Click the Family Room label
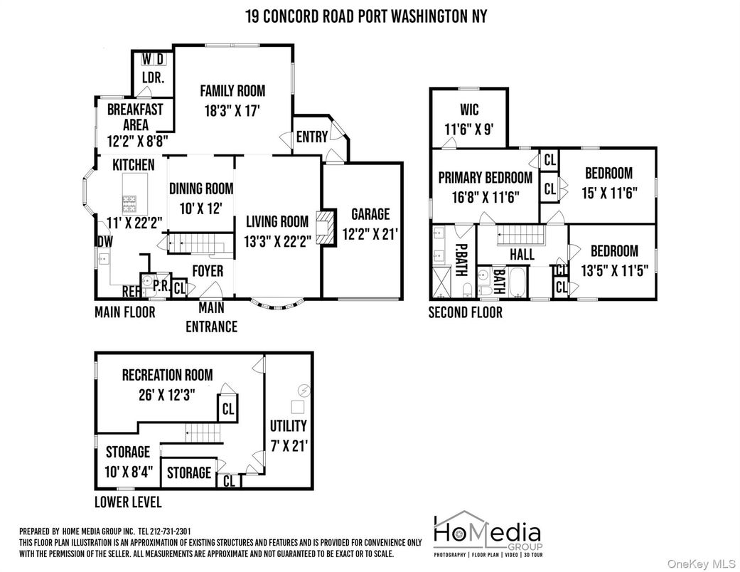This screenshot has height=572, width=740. tap(232, 91)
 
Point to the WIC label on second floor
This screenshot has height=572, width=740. tap(469, 110)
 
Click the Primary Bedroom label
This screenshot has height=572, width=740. tap(485, 178)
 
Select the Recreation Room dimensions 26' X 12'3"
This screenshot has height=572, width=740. tap(166, 393)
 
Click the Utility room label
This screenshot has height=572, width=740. tap(288, 425)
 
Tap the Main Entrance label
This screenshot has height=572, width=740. tap(211, 317)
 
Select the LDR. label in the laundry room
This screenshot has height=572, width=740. tap(153, 78)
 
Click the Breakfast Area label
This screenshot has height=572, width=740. tap(135, 117)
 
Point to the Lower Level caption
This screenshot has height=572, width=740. tap(128, 502)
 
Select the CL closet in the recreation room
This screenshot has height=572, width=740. tap(227, 409)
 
